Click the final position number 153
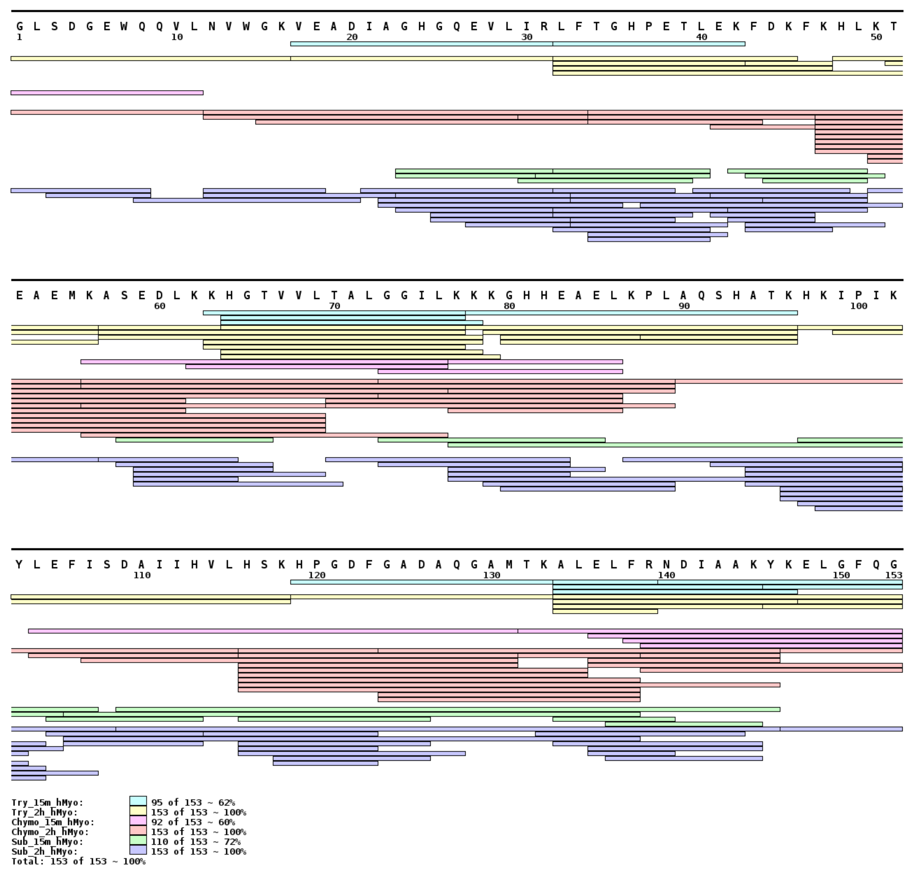893,575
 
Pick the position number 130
491,575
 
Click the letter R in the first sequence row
544,26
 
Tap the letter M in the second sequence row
72,295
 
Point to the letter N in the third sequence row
666,565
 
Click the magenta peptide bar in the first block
107,93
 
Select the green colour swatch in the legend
138,840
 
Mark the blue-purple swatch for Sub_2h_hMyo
138,850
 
